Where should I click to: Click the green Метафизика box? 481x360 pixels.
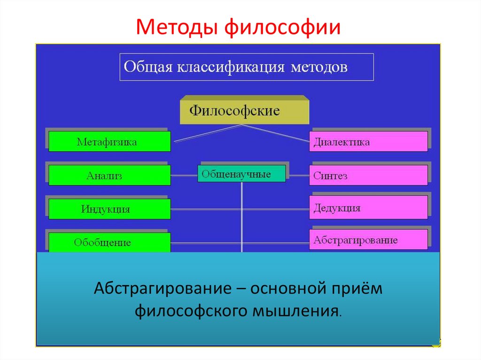point(109,142)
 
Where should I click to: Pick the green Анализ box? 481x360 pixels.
point(109,176)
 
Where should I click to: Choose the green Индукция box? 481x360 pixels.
point(109,209)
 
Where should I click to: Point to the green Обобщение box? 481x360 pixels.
point(109,242)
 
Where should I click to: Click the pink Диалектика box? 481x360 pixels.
point(368,142)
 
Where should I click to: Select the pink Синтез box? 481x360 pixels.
point(368,176)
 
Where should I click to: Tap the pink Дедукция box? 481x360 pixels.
point(368,207)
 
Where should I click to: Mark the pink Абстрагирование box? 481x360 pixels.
point(368,240)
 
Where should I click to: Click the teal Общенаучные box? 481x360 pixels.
point(241,174)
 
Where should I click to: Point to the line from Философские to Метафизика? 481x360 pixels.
point(207,133)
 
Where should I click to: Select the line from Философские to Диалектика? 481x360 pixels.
point(277,133)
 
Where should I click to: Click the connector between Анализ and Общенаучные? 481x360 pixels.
point(184,176)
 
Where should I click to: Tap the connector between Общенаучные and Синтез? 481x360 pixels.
point(297,176)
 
